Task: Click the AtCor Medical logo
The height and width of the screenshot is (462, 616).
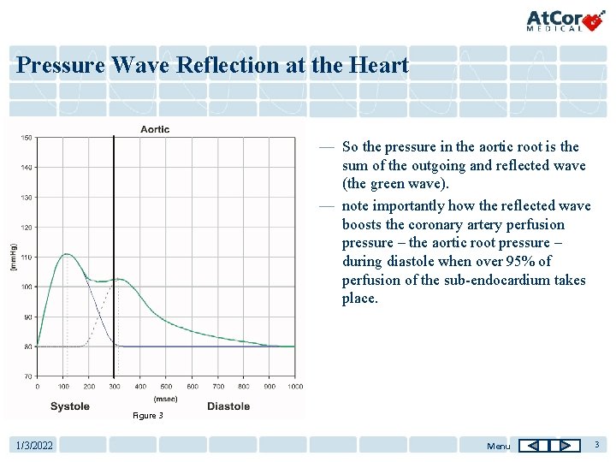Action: tap(566, 20)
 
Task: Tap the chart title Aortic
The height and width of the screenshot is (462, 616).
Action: tap(155, 129)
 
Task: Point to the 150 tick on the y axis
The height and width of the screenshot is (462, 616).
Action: tap(27, 138)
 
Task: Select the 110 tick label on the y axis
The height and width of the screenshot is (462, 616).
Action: tap(27, 258)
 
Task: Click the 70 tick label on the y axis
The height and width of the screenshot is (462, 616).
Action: tap(27, 376)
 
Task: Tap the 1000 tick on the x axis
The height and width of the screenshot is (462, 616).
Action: tap(294, 387)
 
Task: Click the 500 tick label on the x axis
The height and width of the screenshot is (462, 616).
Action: tap(166, 387)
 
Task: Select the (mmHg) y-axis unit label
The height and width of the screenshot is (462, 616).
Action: tap(13, 257)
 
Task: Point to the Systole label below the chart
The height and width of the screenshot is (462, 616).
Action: tap(69, 406)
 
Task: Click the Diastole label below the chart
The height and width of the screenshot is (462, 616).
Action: tap(228, 406)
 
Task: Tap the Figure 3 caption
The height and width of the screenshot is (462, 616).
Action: tap(146, 416)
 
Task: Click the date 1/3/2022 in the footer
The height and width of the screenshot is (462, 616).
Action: tap(35, 446)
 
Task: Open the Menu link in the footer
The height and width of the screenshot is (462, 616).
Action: tap(498, 446)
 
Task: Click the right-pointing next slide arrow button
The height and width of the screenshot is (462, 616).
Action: tap(566, 446)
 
